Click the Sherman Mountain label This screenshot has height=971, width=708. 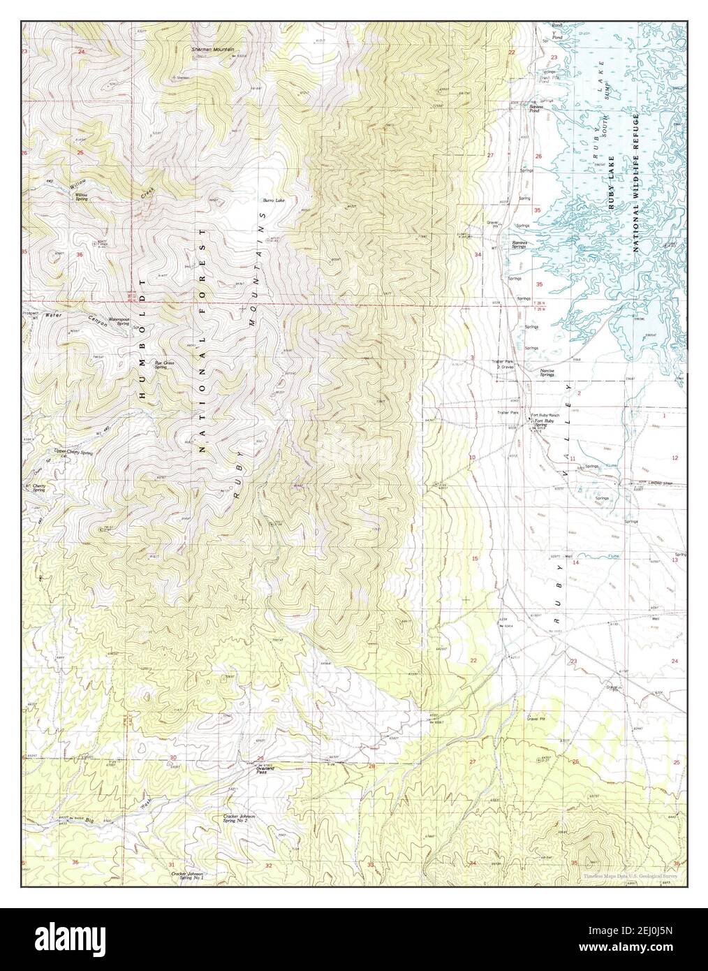point(213,50)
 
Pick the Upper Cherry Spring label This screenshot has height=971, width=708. point(73,453)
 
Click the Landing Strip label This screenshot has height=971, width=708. point(649,483)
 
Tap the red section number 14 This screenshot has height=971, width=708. point(577,562)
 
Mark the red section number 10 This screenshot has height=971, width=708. point(472,458)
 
